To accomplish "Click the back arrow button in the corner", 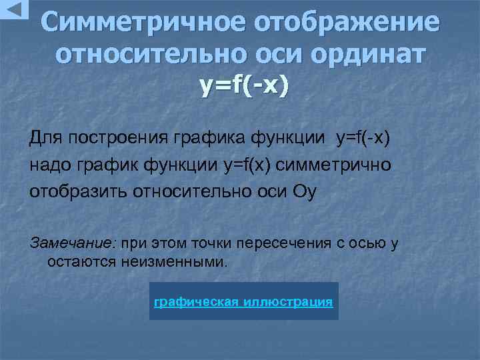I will pos(14,9).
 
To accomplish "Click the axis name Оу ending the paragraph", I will pos(305,192).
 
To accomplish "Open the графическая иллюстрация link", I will pos(243,302).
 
